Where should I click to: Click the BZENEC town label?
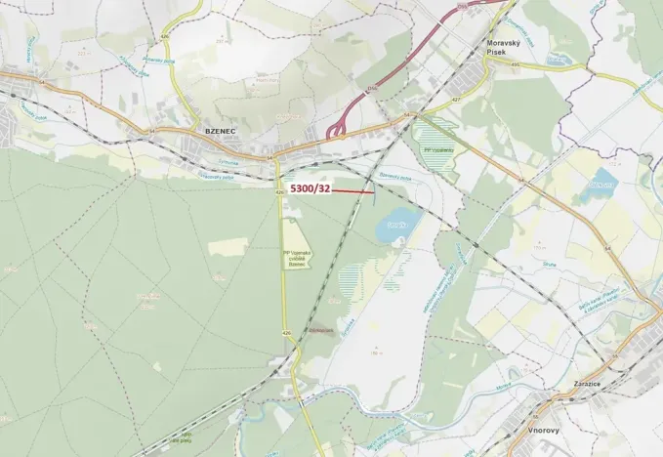coord(222,128)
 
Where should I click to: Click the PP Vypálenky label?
coord(436,147)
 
